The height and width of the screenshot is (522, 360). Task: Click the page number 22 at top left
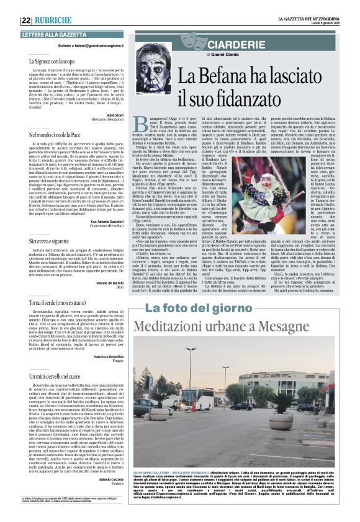(26, 20)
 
